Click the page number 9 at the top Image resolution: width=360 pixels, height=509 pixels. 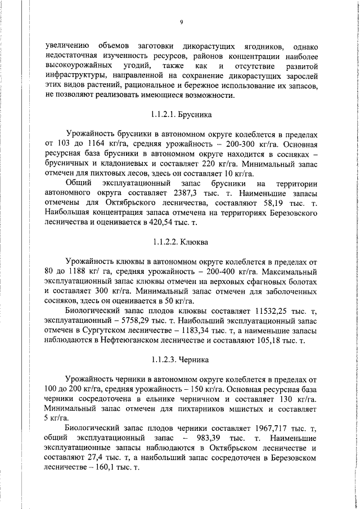(x=181, y=22)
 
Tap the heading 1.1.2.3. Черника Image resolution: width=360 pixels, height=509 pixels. (x=181, y=358)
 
